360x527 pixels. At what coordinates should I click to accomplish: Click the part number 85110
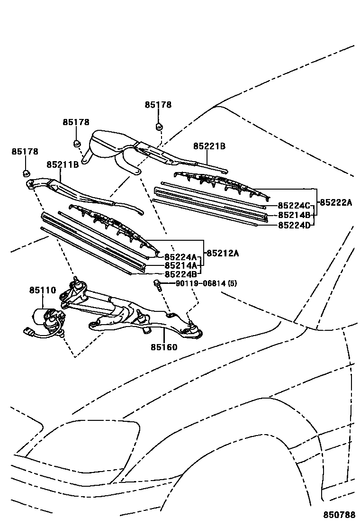click(x=43, y=290)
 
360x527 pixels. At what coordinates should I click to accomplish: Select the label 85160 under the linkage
click(x=164, y=347)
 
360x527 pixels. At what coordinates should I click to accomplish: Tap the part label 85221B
click(x=209, y=146)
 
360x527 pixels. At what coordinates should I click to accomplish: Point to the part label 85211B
click(x=62, y=165)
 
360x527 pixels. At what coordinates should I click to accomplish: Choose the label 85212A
click(x=222, y=253)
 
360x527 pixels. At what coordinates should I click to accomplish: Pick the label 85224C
click(x=294, y=206)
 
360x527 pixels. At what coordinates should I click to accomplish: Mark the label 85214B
click(x=294, y=215)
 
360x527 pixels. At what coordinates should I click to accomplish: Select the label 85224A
click(x=180, y=257)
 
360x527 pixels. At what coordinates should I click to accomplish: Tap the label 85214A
click(x=180, y=265)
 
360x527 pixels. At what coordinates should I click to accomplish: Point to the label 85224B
click(x=180, y=274)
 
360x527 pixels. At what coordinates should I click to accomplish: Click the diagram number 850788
click(x=339, y=515)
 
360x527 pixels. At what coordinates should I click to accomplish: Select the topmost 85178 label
click(x=158, y=105)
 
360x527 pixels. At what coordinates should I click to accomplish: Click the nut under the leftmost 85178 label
click(x=27, y=173)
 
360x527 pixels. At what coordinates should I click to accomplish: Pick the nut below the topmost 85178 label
click(x=159, y=127)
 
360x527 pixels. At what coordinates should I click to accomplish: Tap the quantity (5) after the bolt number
click(x=232, y=284)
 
